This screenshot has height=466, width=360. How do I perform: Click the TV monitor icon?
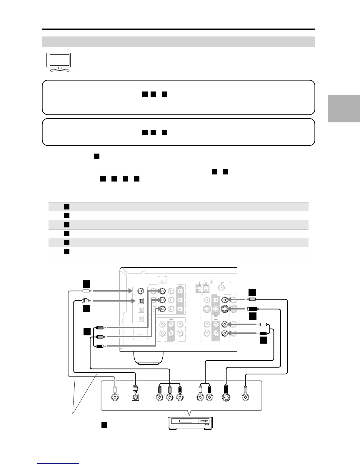click(60, 62)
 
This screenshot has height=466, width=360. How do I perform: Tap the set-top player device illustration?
click(190, 423)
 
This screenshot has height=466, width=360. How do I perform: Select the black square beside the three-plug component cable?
click(86, 332)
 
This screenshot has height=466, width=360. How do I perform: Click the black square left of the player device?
click(104, 425)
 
